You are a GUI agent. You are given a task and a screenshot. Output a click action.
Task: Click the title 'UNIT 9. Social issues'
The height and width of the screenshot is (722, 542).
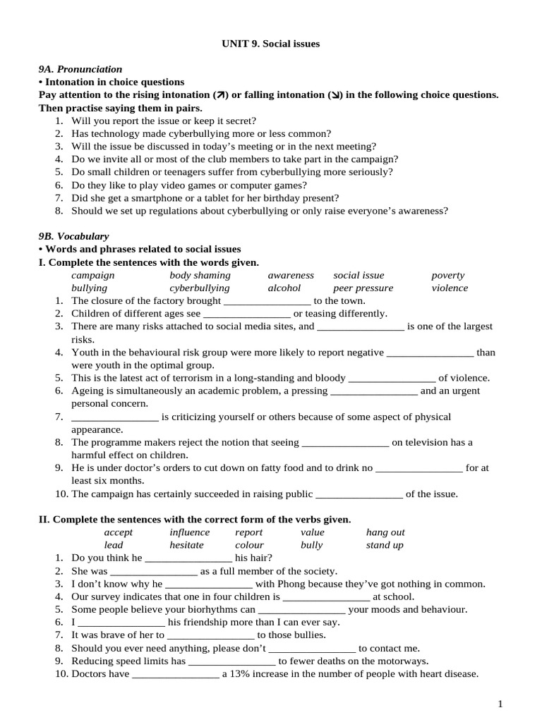(x=271, y=44)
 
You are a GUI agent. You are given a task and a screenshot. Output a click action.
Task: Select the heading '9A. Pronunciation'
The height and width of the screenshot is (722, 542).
(x=80, y=69)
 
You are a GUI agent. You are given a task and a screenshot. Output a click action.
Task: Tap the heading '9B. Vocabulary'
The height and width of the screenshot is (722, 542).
(x=73, y=236)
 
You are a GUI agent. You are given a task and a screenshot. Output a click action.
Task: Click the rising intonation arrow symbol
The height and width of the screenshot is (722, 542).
(x=221, y=95)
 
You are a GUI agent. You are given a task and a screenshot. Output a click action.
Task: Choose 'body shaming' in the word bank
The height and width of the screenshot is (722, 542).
(x=200, y=275)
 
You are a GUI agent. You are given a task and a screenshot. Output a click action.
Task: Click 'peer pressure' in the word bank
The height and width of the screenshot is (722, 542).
(x=363, y=288)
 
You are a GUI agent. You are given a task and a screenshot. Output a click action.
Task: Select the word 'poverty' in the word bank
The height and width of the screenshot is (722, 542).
(x=448, y=275)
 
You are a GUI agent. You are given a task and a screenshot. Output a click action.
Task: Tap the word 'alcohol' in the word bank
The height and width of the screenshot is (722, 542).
(x=284, y=288)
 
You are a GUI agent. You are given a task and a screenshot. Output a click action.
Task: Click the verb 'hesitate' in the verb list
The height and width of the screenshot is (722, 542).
(x=186, y=545)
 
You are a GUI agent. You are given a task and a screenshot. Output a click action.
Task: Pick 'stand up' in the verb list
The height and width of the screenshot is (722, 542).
(x=385, y=545)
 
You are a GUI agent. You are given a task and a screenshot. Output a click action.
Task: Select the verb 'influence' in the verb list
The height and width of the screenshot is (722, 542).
(x=189, y=532)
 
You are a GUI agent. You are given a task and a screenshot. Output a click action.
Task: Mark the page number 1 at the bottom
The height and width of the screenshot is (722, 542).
(x=500, y=704)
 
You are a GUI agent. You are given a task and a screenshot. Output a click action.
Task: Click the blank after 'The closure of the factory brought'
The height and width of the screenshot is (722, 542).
(x=267, y=302)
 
